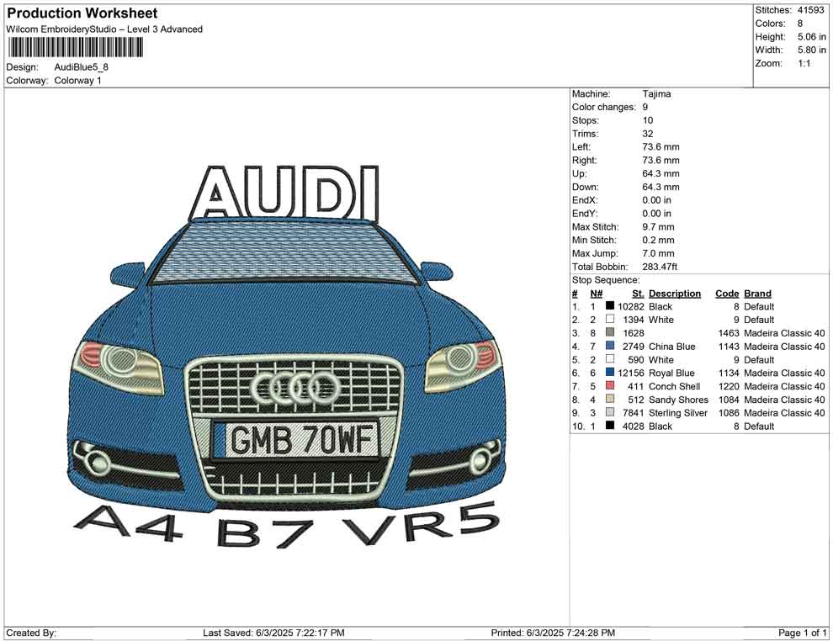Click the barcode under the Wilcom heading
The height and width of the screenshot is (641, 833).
point(75,48)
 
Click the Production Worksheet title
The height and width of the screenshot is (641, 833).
point(82,13)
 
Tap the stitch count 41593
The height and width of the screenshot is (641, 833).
point(810,10)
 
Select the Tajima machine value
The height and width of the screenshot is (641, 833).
point(656,94)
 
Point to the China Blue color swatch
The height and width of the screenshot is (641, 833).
point(610,346)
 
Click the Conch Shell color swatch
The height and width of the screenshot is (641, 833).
point(610,385)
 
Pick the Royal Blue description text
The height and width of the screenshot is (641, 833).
point(671,373)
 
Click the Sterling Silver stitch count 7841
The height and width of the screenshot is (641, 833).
point(633,413)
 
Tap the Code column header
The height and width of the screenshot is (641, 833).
point(727,294)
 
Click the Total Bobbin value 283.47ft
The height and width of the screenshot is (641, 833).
point(660,267)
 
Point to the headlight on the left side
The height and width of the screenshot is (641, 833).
point(120,365)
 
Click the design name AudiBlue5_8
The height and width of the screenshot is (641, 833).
point(82,67)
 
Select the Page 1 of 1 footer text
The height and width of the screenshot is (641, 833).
point(802,633)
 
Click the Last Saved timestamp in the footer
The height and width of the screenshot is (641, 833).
point(273,633)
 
